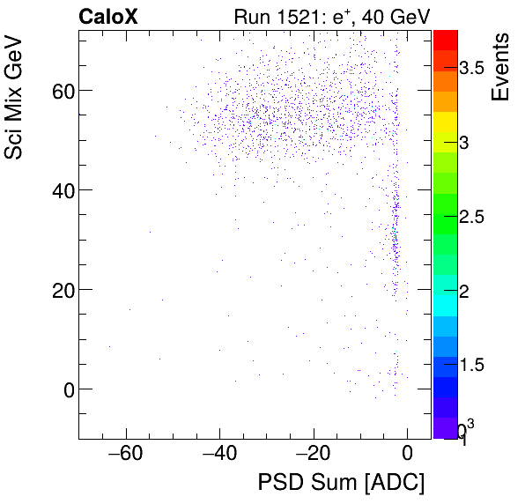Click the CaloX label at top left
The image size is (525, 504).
(x=107, y=16)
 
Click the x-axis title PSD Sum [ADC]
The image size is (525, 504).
(x=341, y=483)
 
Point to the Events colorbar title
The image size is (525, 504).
(x=499, y=67)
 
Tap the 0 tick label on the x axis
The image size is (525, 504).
(x=407, y=454)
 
